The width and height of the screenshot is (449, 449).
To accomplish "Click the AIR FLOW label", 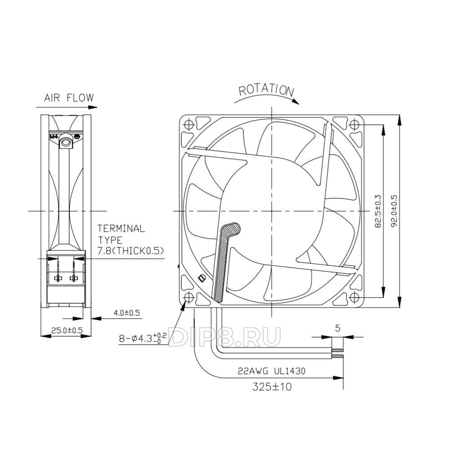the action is point(69,97).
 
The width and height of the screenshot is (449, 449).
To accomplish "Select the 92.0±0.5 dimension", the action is point(395,211).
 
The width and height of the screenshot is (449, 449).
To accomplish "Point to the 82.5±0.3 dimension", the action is point(378,211).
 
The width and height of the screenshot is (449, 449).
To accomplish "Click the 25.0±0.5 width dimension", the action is point(67,330).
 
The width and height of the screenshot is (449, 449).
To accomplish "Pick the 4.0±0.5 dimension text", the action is point(127,313).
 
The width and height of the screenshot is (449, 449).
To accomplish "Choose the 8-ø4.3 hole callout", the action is point(143,338).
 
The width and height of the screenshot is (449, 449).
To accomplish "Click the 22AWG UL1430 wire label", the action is point(272,371).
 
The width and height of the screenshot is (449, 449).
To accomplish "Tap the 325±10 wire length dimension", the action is point(272,387).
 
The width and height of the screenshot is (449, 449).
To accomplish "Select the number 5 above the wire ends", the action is point(338,328).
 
